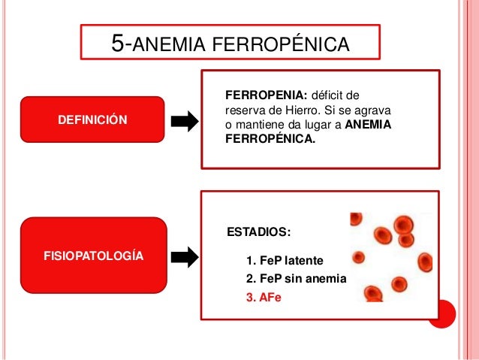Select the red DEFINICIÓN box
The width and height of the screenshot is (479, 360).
[92, 120]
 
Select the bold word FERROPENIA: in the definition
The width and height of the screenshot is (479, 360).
[266, 95]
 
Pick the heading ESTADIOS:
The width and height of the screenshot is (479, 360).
[258, 231]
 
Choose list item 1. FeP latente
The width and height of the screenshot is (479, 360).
[285, 261]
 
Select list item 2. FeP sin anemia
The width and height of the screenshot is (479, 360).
[296, 279]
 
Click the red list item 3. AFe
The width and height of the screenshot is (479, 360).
[263, 297]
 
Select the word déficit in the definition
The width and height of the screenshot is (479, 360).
[335, 95]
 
